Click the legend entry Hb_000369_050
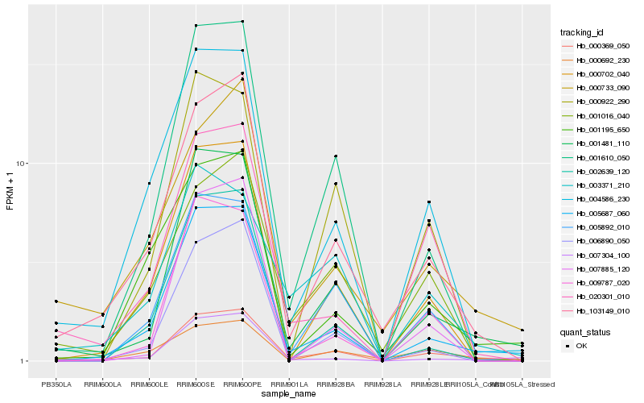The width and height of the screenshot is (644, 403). (x=597, y=46)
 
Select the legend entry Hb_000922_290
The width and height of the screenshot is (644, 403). (x=597, y=102)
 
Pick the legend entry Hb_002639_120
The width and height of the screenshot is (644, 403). (x=597, y=172)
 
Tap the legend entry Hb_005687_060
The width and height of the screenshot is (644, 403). (x=597, y=214)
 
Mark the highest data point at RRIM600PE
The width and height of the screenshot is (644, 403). (x=242, y=22)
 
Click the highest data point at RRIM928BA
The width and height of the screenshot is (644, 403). (x=336, y=156)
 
